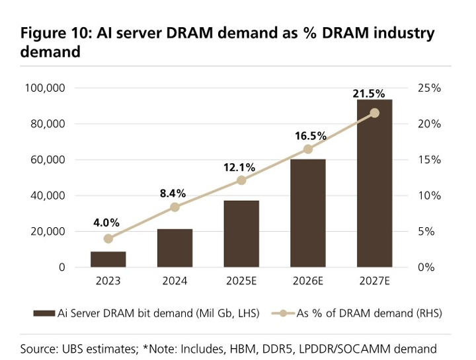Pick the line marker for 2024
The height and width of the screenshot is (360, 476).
click(175, 207)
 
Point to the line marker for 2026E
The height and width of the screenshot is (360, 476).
click(308, 149)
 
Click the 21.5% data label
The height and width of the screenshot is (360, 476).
click(369, 94)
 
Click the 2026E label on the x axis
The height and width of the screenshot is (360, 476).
click(308, 281)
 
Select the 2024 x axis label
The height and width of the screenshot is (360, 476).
click(175, 281)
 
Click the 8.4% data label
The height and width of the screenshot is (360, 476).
click(173, 193)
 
